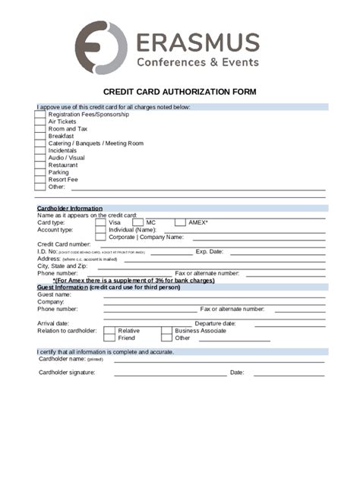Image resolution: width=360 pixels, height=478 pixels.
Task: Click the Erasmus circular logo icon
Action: click(101, 48)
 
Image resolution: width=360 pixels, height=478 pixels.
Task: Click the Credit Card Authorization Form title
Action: click(180, 92)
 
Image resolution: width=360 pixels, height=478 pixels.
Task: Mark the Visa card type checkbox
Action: click(100, 222)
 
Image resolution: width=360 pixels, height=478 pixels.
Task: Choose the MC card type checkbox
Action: click(137, 222)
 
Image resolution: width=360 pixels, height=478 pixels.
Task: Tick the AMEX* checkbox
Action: click(180, 222)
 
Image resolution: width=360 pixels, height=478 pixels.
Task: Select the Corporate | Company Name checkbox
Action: click(100, 237)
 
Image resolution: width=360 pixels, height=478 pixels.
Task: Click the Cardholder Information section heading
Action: click(69, 208)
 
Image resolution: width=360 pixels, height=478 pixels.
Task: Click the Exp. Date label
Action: click(209, 251)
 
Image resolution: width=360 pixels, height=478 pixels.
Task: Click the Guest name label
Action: click(54, 294)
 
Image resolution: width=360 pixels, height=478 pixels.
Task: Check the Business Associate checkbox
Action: click(166, 331)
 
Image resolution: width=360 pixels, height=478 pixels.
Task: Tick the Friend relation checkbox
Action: click(109, 338)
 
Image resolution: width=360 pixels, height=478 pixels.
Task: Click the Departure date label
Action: click(215, 323)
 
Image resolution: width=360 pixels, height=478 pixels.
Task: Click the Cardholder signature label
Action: click(67, 373)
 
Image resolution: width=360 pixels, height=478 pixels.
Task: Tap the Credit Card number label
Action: click(64, 244)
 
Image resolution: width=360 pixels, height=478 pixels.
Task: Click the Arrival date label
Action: click(53, 323)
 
